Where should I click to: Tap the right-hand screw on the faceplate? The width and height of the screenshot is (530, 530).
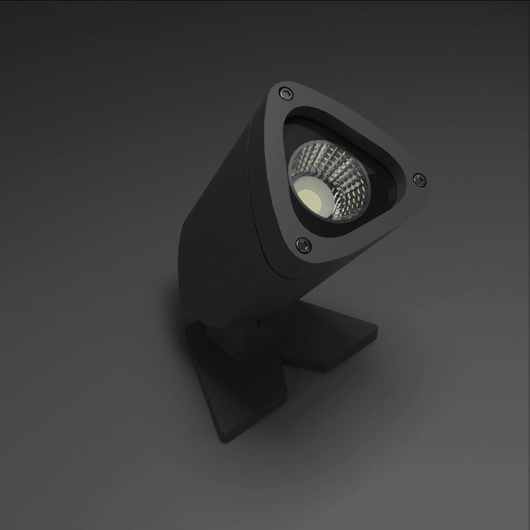click(419, 178)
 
